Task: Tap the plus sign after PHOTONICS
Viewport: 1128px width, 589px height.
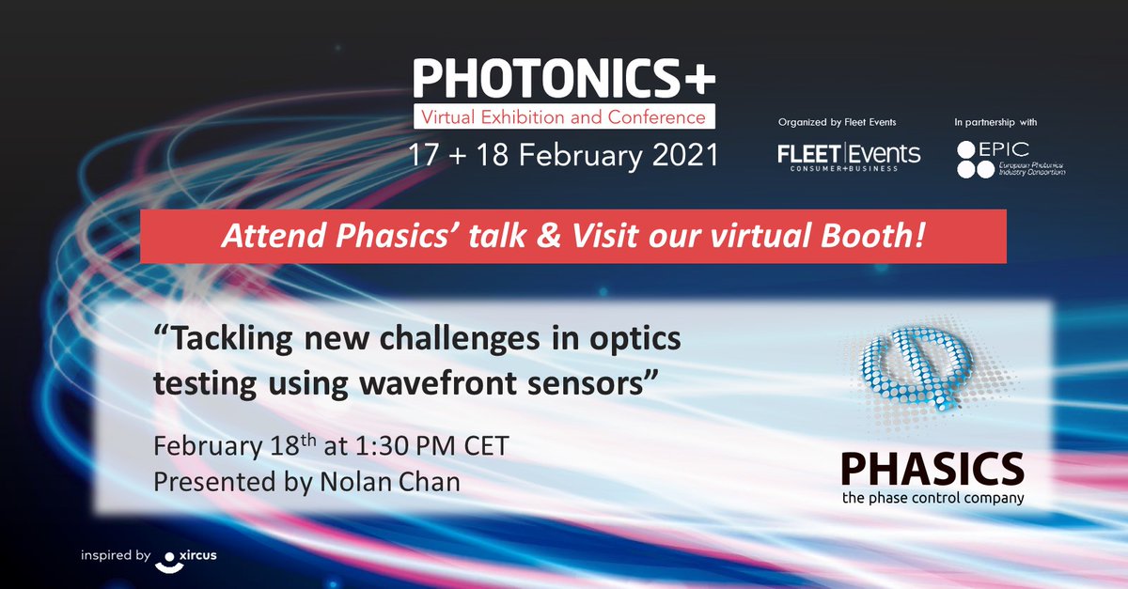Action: coord(698,80)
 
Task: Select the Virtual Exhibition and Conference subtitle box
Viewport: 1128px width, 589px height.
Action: coord(563,117)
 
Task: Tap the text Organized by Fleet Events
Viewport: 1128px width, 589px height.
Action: coord(838,123)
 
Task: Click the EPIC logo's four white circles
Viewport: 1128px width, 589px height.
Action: coord(975,160)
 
